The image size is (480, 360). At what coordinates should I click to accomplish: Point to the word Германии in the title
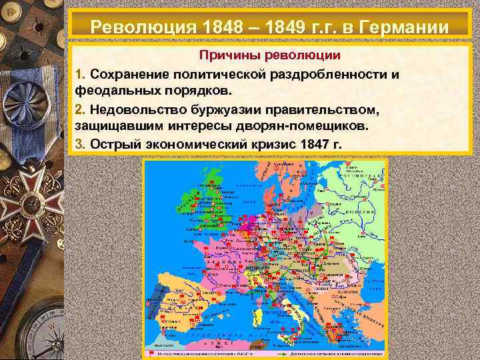[x=403, y=28]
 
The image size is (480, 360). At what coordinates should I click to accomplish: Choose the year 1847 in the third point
[x=315, y=144]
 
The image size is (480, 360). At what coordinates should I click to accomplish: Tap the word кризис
[x=268, y=144]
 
